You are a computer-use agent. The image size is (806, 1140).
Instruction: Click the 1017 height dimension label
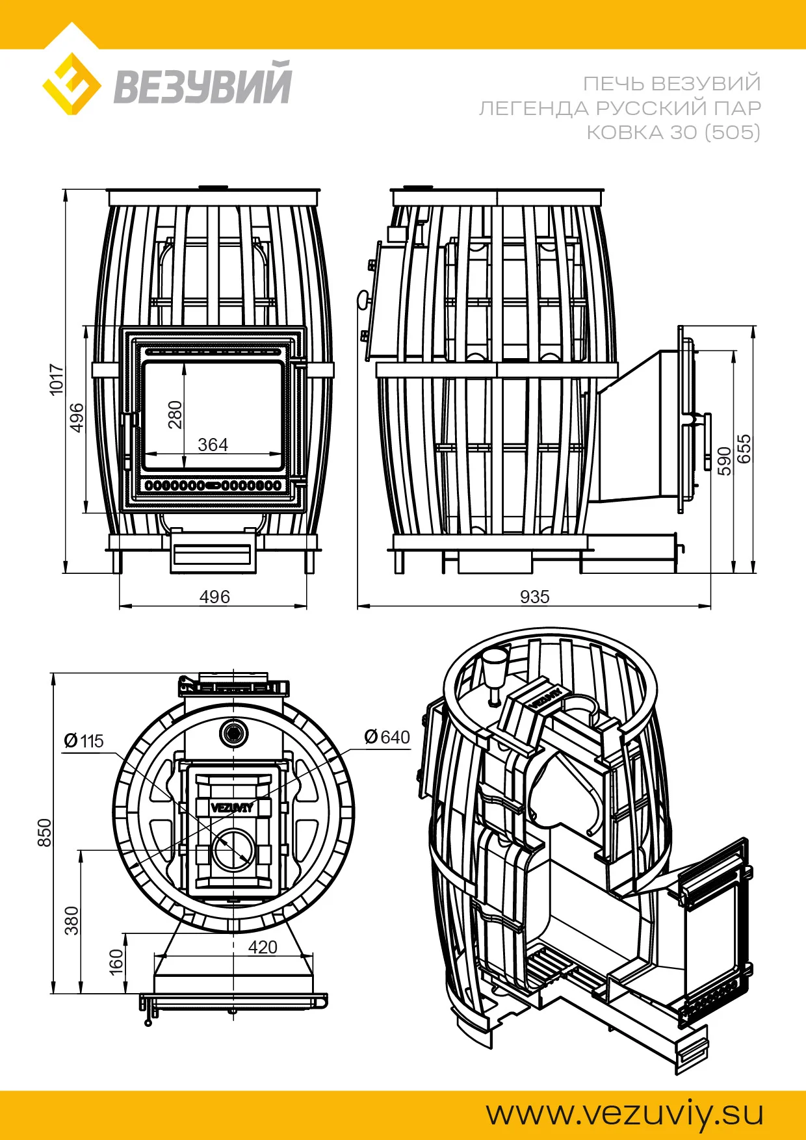pyautogui.click(x=57, y=379)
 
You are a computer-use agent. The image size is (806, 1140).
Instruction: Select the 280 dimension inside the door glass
pyautogui.click(x=175, y=415)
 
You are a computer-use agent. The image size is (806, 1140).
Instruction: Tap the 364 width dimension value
pyautogui.click(x=213, y=445)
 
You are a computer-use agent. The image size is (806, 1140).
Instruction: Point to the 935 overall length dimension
pyautogui.click(x=534, y=597)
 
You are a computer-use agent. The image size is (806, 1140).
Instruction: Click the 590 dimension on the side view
pyautogui.click(x=724, y=461)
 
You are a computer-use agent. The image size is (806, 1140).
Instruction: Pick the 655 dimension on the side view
pyautogui.click(x=744, y=448)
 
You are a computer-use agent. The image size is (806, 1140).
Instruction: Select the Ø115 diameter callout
pyautogui.click(x=84, y=741)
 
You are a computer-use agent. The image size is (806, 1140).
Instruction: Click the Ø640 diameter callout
pyautogui.click(x=387, y=737)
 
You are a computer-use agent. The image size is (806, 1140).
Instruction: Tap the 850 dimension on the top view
pyautogui.click(x=44, y=833)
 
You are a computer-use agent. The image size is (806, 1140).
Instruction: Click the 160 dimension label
pyautogui.click(x=116, y=962)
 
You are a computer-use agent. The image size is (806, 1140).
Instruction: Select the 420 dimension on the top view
pyautogui.click(x=263, y=947)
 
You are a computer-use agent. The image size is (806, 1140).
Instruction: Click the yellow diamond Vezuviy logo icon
pyautogui.click(x=71, y=84)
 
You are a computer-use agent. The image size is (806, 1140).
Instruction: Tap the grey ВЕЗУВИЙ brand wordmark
pyautogui.click(x=203, y=83)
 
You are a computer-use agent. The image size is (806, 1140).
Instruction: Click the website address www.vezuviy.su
pyautogui.click(x=625, y=1113)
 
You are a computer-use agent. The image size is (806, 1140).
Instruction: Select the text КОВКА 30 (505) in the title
pyautogui.click(x=673, y=133)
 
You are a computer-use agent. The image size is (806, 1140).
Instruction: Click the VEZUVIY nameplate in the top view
pyautogui.click(x=232, y=808)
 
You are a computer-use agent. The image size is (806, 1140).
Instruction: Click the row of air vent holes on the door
pyautogui.click(x=213, y=486)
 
